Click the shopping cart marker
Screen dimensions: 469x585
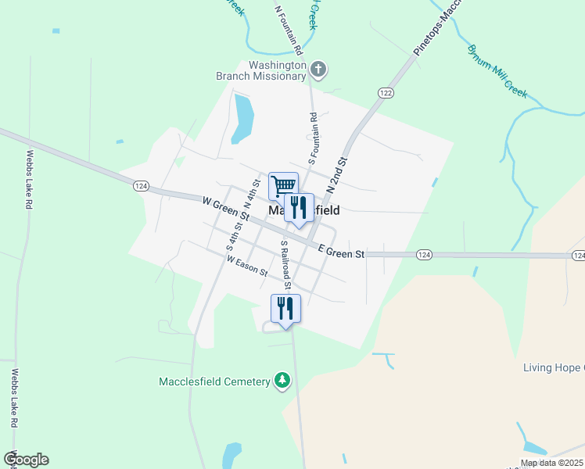pos(283,186)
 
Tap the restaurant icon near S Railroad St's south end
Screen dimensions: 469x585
pos(285,307)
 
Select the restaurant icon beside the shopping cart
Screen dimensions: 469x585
pos(299,207)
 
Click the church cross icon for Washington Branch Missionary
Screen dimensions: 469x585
pos(318,70)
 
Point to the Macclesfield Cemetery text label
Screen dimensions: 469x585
pos(214,381)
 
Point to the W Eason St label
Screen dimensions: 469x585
pos(246,266)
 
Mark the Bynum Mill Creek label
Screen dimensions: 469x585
pos(498,70)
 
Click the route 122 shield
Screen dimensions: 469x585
pos(384,93)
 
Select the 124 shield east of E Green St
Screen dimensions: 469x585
pos(423,255)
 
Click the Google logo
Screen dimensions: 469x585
pos(26,460)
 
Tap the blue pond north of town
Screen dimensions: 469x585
pos(242,119)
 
